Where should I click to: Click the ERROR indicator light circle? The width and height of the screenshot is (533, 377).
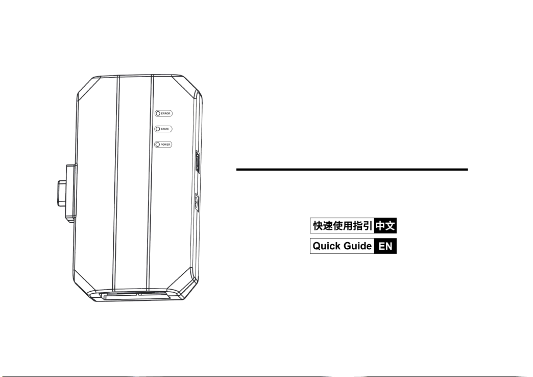click(x=158, y=113)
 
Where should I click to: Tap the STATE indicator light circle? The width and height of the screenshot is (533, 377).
click(x=158, y=129)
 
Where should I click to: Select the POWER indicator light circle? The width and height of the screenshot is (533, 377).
click(x=158, y=145)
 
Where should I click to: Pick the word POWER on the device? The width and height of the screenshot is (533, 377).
click(x=166, y=145)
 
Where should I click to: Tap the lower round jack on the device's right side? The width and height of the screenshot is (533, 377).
click(x=196, y=204)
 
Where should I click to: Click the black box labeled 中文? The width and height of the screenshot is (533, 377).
click(x=385, y=225)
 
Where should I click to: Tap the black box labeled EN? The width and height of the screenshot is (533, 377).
click(x=385, y=246)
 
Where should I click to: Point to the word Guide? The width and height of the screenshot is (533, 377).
click(x=357, y=246)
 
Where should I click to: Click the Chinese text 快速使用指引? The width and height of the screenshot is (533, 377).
click(x=342, y=225)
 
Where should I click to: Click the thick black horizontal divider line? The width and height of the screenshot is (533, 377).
click(x=352, y=169)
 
